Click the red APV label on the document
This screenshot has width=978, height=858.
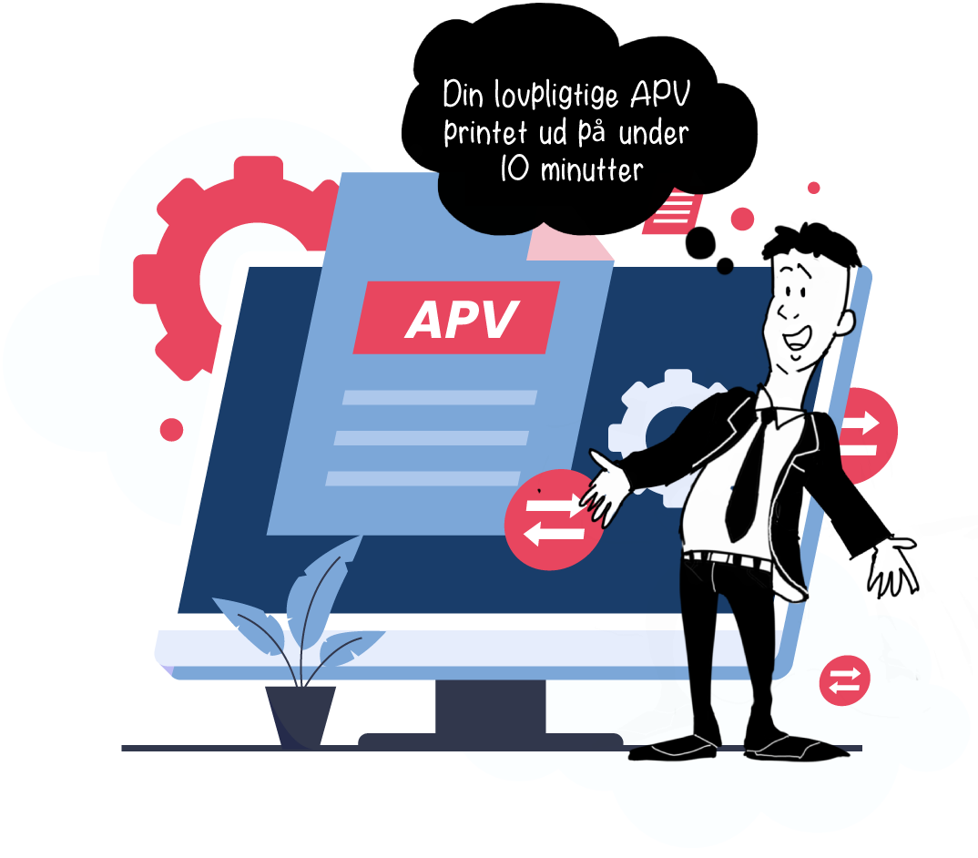point(456,318)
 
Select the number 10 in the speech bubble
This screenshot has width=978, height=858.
point(514,169)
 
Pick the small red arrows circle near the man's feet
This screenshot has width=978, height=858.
point(844,680)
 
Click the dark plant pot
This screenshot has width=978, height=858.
point(300,715)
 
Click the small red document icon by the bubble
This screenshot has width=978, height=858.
point(673,212)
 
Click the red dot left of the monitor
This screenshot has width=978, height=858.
point(171,430)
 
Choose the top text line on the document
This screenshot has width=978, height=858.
point(439,397)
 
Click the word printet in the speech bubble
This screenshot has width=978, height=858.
point(483,133)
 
